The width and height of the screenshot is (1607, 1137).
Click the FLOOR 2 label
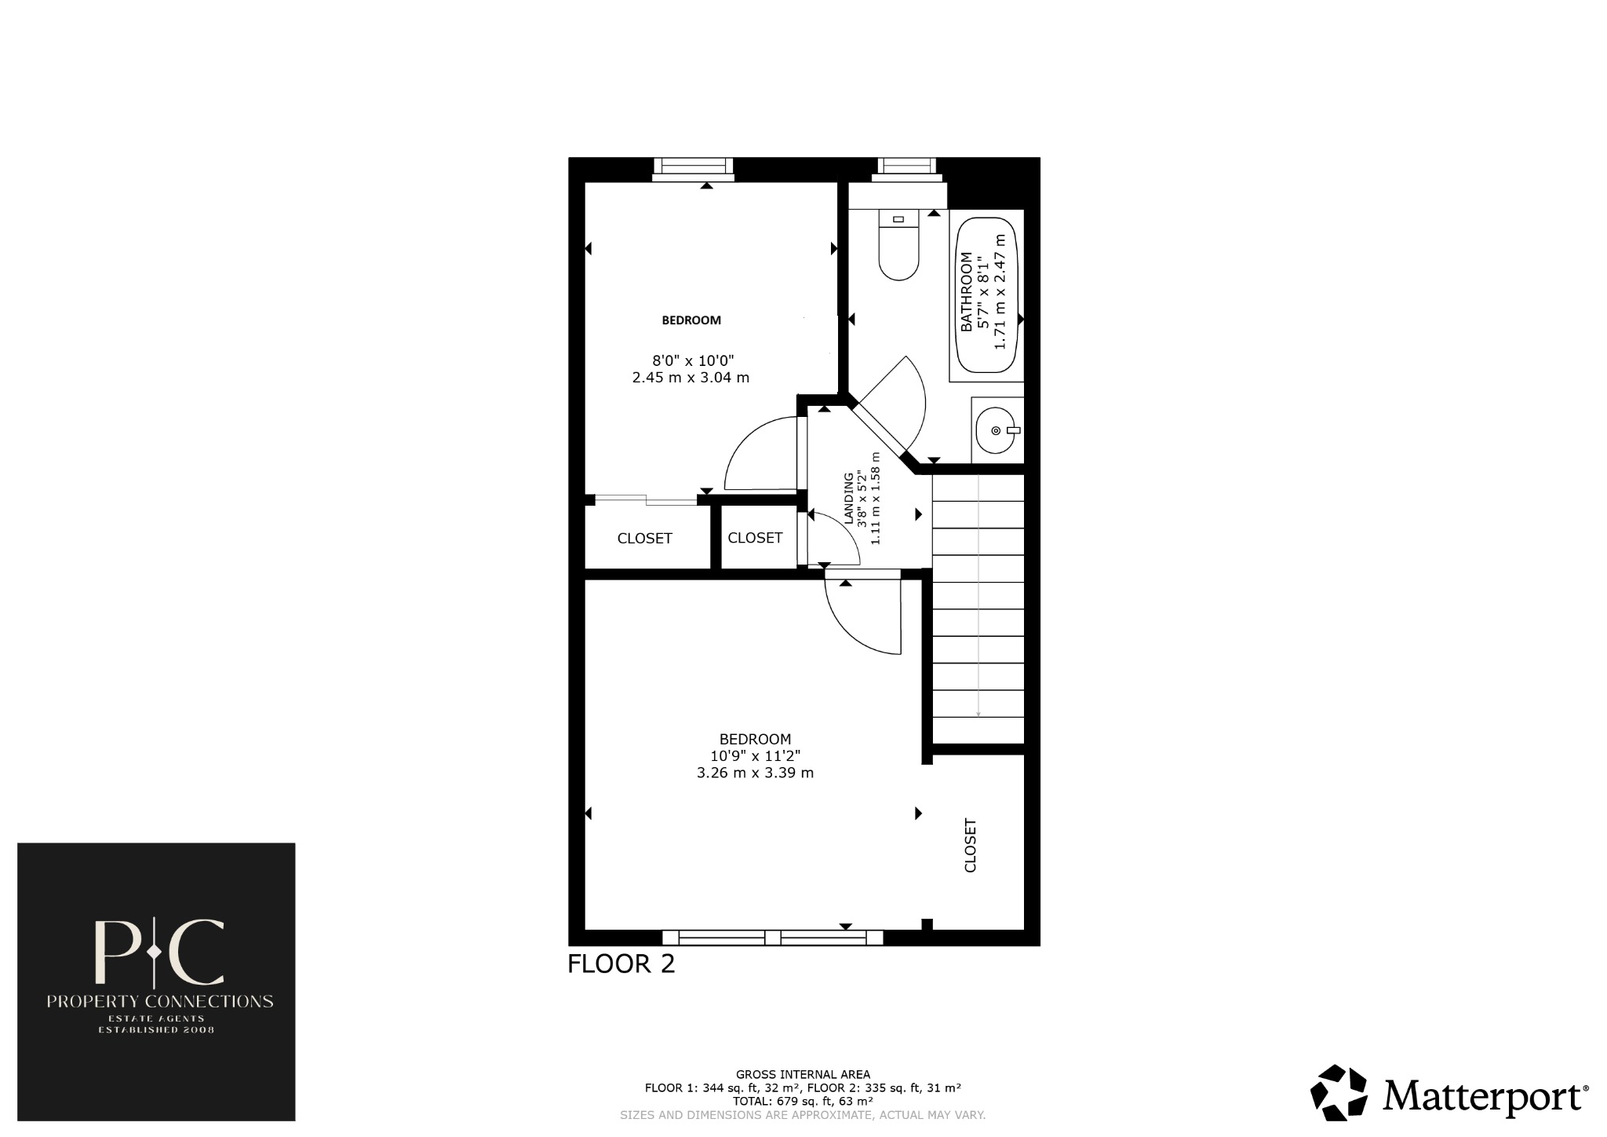(621, 963)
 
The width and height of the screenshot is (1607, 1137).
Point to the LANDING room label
(848, 499)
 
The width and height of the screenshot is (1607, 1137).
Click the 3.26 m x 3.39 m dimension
(755, 773)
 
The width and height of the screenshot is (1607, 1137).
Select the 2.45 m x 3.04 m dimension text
(691, 378)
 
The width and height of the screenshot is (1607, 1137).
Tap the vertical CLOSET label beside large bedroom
(971, 846)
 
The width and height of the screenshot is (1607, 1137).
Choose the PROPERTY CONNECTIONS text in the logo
(160, 1001)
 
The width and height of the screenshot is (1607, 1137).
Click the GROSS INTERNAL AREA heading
(803, 1074)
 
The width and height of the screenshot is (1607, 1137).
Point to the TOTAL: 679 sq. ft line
(803, 1101)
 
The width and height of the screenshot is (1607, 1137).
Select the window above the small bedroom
(692, 168)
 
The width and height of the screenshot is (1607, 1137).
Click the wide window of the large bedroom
(772, 937)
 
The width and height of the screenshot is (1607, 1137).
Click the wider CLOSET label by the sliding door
(644, 539)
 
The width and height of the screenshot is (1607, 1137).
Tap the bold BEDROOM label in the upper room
(691, 320)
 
